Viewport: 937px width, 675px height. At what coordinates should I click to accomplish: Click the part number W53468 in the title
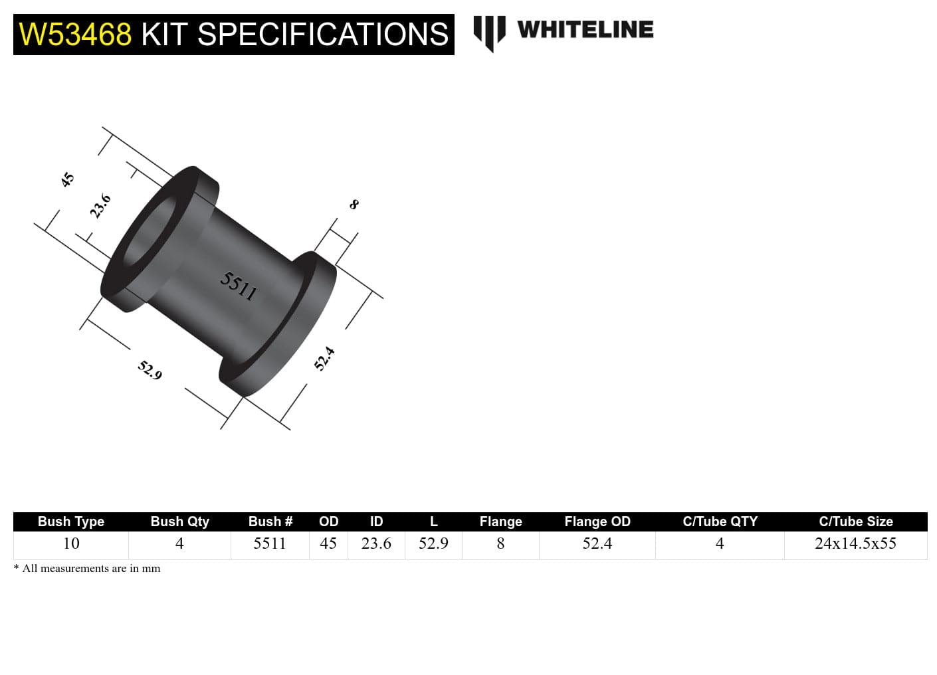click(75, 35)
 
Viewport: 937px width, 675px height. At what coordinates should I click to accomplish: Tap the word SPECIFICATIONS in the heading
click(323, 35)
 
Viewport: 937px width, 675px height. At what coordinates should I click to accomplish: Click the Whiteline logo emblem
click(489, 33)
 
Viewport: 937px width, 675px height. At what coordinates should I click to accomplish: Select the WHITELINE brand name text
click(585, 30)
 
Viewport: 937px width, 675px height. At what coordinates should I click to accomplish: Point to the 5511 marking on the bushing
click(239, 286)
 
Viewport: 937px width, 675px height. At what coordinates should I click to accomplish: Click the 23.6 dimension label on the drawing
click(100, 206)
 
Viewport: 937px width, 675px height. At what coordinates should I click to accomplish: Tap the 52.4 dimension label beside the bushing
click(324, 359)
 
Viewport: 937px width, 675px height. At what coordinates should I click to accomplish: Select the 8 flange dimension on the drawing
click(354, 205)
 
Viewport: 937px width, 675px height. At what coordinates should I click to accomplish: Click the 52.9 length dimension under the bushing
click(150, 370)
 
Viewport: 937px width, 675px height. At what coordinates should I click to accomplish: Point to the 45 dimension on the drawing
click(67, 179)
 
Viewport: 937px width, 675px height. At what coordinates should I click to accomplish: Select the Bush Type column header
click(71, 522)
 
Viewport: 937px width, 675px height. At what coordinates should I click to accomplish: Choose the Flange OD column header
click(597, 522)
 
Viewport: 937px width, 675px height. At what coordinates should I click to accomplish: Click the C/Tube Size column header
click(855, 522)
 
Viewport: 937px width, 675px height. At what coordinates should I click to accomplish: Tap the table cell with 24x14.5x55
click(855, 543)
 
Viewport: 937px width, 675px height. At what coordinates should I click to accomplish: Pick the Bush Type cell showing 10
click(71, 543)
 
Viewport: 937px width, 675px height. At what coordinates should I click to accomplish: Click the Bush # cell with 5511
click(270, 543)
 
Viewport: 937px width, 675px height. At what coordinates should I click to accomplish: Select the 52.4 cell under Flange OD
click(597, 543)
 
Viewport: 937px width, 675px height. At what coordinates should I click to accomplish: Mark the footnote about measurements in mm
click(87, 568)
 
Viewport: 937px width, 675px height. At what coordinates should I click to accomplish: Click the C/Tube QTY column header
click(720, 522)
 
